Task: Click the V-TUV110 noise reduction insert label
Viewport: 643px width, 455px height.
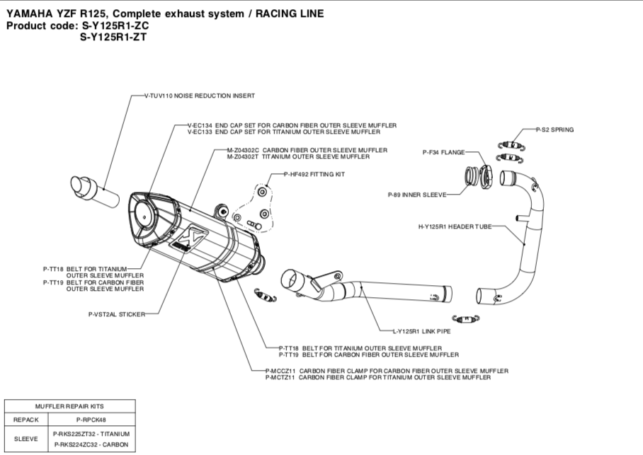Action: click(x=199, y=95)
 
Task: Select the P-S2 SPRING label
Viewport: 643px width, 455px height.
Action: click(x=554, y=129)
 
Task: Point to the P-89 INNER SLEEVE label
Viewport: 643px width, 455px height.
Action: click(x=417, y=194)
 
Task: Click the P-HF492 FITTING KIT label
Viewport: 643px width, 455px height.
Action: click(x=314, y=175)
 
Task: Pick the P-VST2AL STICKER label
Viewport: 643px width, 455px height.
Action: click(x=117, y=313)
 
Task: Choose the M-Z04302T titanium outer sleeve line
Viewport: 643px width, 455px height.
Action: click(x=307, y=156)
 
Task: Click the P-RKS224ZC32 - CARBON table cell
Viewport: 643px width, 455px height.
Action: click(x=90, y=445)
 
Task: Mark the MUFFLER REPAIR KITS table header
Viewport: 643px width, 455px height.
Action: click(x=69, y=406)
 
